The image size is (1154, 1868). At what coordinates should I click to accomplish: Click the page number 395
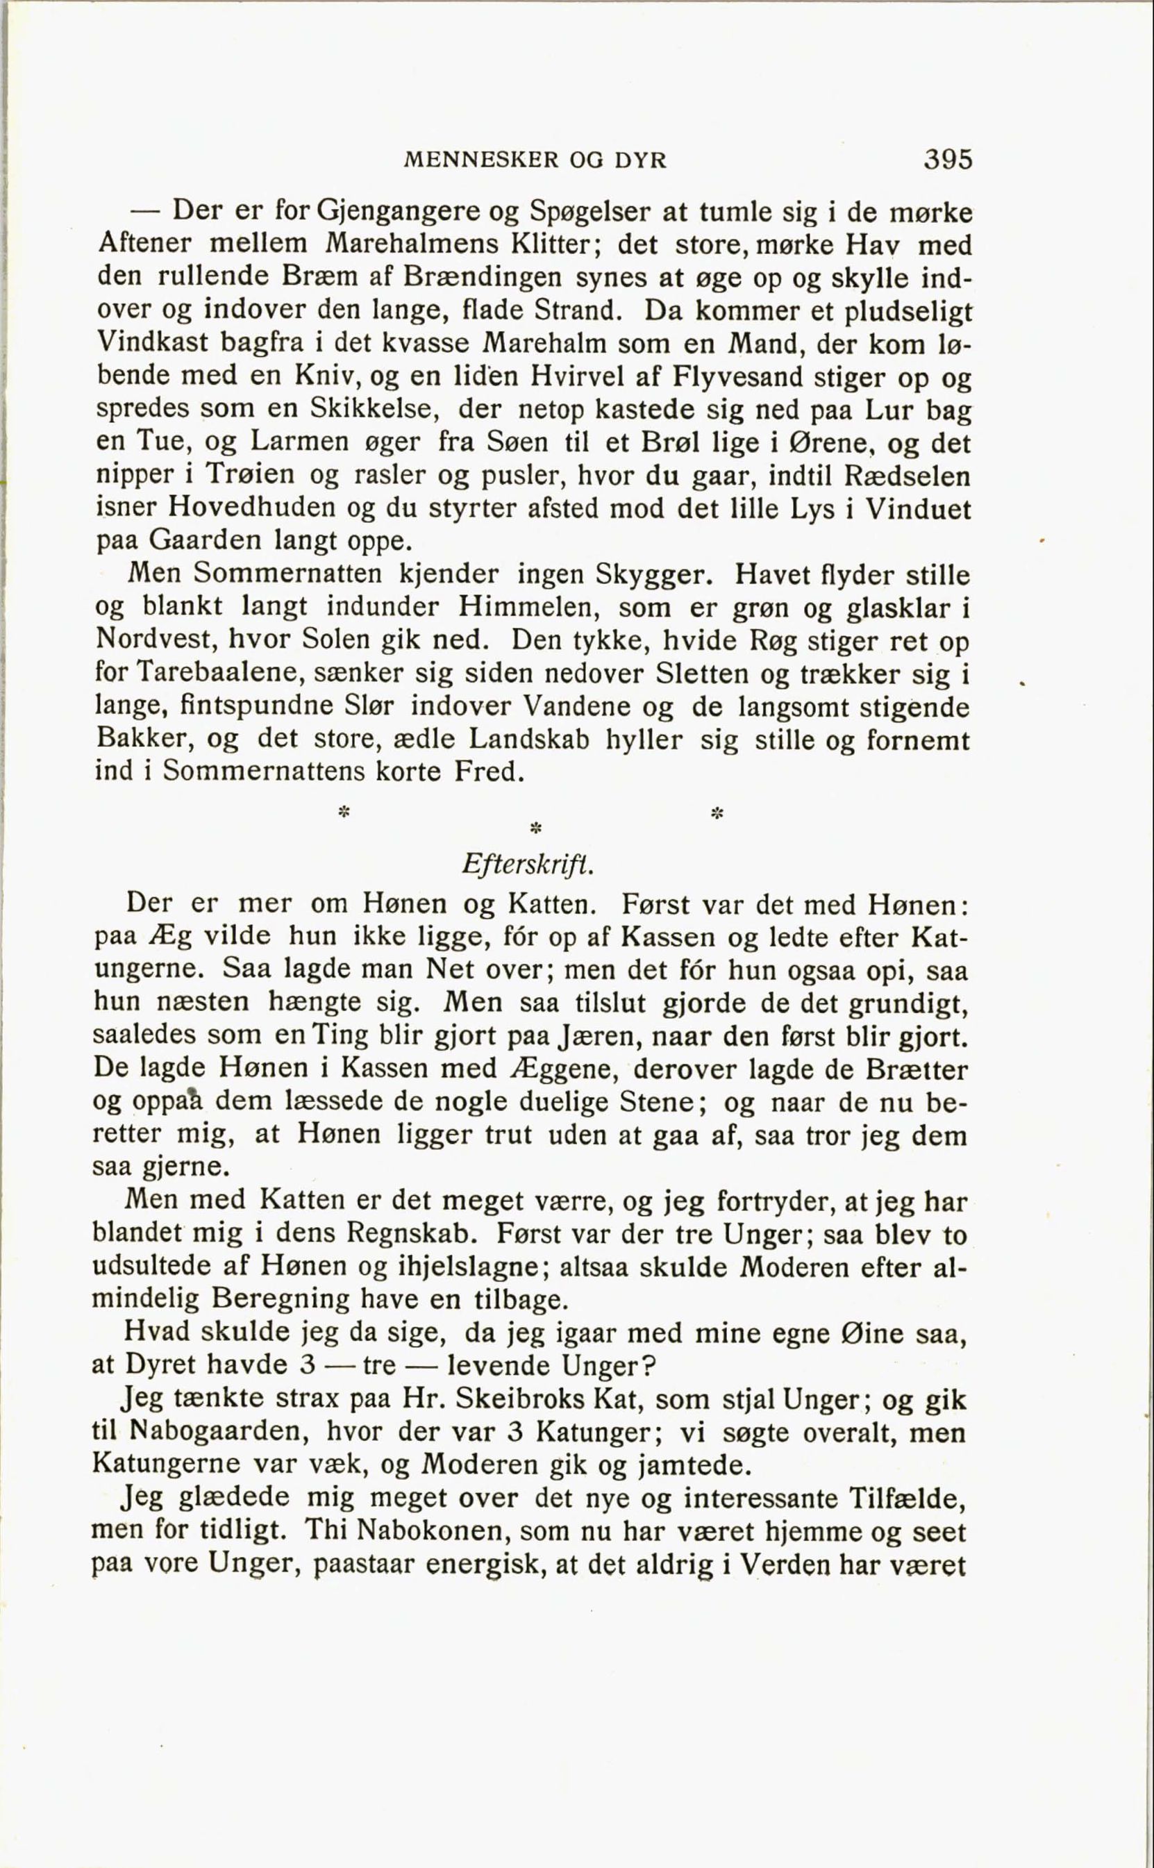(948, 160)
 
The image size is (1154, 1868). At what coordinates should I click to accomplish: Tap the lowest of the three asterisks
(536, 828)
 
